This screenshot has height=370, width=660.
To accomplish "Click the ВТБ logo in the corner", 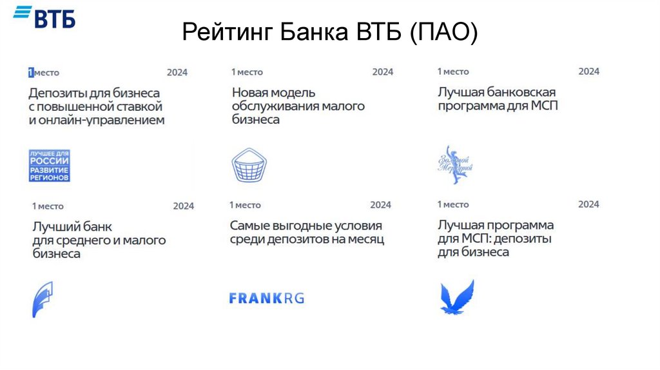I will coord(44,17).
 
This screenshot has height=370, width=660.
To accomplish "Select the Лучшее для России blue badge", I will coord(49,165).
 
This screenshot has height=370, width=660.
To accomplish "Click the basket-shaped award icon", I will coord(249,165).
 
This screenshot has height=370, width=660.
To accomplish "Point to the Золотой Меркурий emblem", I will coord(456,164).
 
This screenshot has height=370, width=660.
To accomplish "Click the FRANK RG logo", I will coord(266,298).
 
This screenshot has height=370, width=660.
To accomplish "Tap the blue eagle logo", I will coord(456,298).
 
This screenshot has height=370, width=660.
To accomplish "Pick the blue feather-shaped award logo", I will coord(43,300).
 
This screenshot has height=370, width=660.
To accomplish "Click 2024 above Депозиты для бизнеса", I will coord(177,72).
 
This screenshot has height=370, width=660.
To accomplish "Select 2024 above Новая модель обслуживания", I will coord(382,72).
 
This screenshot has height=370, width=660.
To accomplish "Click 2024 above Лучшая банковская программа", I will coord(588,71).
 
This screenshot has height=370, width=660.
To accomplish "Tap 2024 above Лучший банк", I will coord(183,206).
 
